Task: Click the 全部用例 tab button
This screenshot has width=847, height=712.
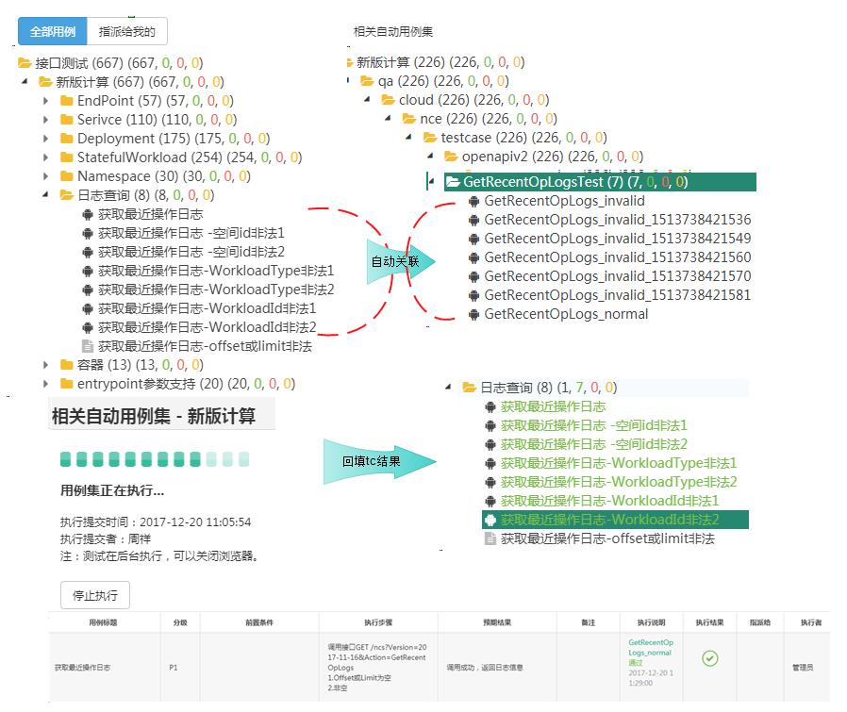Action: (x=52, y=31)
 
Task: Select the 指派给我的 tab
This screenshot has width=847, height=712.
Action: (x=126, y=31)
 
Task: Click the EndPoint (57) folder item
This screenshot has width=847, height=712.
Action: (x=107, y=101)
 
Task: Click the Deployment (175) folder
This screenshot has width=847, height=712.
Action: (x=115, y=139)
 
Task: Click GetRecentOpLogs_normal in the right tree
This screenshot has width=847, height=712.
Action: (x=566, y=314)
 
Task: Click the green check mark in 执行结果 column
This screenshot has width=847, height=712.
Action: (x=711, y=658)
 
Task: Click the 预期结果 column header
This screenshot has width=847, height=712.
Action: (x=491, y=622)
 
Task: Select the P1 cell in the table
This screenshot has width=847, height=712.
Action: (x=174, y=667)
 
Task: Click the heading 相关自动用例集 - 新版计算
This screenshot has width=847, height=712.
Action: (x=153, y=416)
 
